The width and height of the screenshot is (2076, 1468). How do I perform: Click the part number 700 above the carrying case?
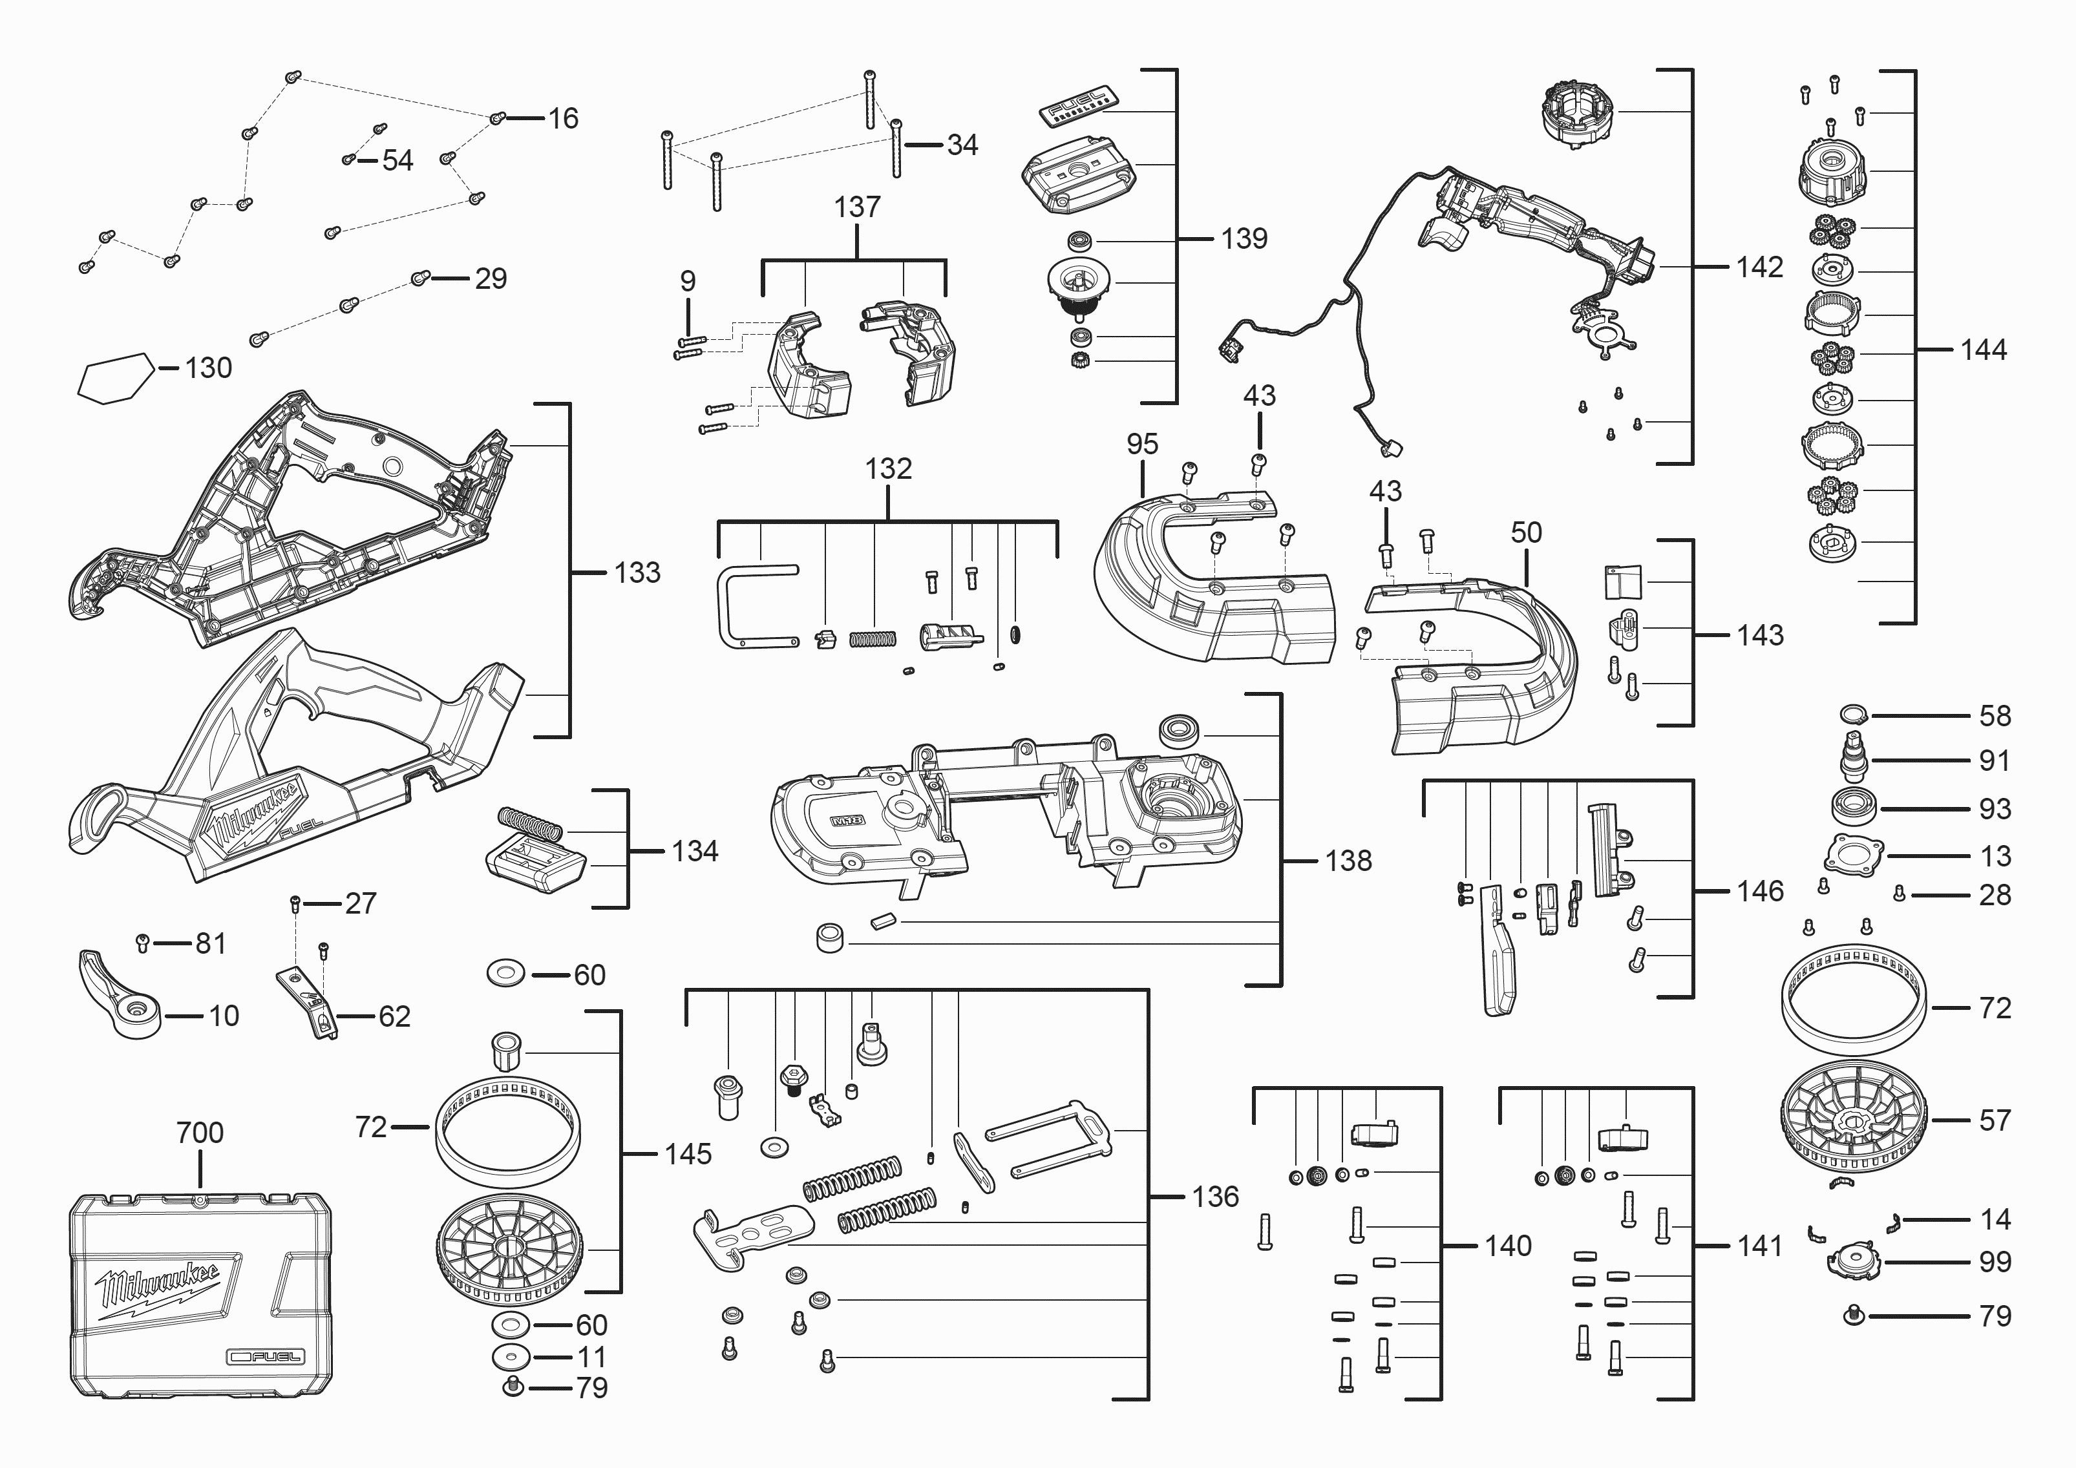point(200,1132)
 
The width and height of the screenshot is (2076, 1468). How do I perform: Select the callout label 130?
point(208,368)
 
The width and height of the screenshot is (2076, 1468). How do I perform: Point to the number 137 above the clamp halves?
point(856,207)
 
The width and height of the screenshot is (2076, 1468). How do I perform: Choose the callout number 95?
point(1142,444)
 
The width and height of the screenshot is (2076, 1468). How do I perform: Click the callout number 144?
point(1983,350)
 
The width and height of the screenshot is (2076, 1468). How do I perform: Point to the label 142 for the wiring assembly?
point(1759,267)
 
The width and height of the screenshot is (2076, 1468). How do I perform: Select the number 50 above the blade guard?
point(1526,532)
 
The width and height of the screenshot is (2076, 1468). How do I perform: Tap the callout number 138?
point(1348,861)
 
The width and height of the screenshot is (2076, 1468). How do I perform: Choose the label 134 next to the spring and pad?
point(694,850)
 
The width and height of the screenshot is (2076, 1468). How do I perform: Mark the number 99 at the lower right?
point(1995,1262)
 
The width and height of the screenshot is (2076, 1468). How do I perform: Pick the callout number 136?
point(1215,1197)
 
